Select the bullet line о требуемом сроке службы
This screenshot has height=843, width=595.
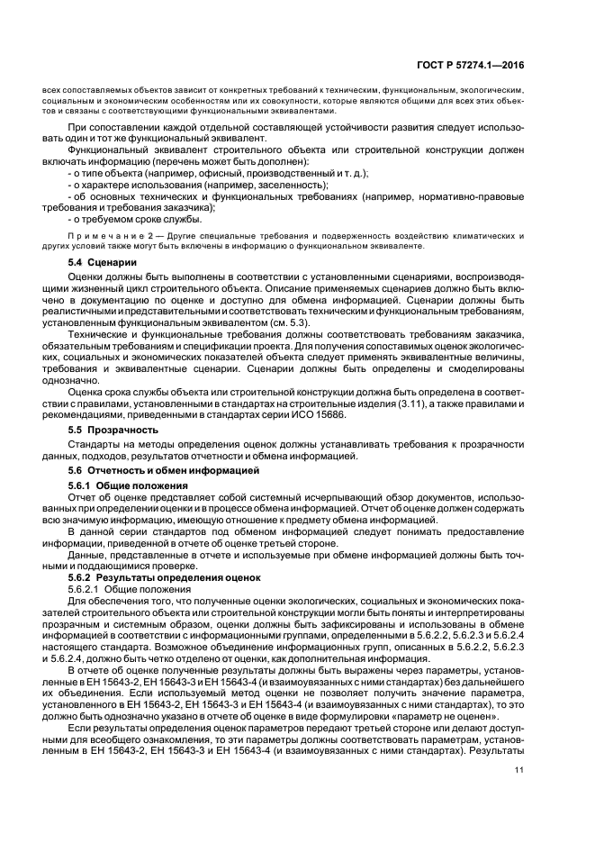click(134, 218)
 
